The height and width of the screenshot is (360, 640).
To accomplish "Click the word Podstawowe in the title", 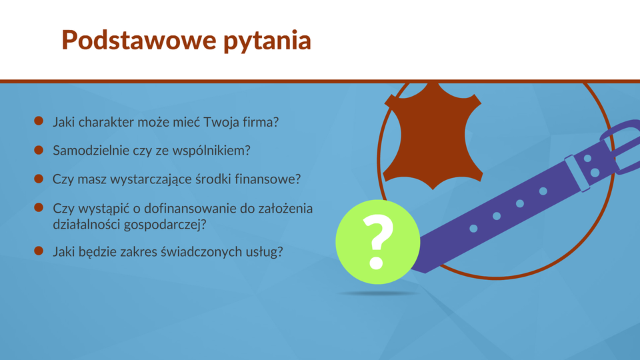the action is [x=139, y=40].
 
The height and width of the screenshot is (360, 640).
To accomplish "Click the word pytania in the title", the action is [x=267, y=41].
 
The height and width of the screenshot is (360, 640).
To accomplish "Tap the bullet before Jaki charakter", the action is [x=39, y=121].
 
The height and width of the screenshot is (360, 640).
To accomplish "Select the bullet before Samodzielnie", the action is [x=39, y=150].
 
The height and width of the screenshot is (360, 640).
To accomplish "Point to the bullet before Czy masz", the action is [x=39, y=179].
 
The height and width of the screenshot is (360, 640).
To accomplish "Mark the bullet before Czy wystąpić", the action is [x=39, y=207].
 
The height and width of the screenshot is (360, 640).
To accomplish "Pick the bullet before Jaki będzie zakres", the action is [x=39, y=251].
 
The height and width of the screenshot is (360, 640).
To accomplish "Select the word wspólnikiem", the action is [x=211, y=151].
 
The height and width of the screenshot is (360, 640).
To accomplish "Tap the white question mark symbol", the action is [x=377, y=241].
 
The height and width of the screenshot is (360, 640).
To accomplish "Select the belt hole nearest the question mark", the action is [x=473, y=228].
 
